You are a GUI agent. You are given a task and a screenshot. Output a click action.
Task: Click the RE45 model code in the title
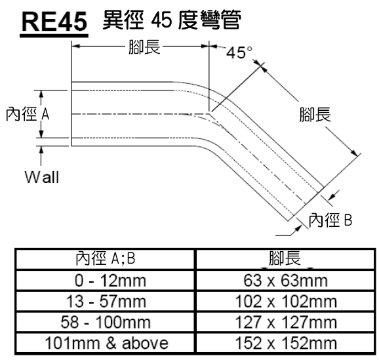pyautogui.click(x=54, y=21)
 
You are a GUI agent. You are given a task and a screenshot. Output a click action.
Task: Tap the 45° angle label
pyautogui.click(x=239, y=52)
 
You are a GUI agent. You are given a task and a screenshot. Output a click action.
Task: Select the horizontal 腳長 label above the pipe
pyautogui.click(x=144, y=47)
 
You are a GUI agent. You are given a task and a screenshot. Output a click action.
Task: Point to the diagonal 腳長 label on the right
pyautogui.click(x=315, y=114)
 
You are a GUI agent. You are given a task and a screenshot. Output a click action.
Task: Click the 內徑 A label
pyautogui.click(x=28, y=114)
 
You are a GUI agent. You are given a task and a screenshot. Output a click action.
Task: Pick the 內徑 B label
pyautogui.click(x=330, y=220)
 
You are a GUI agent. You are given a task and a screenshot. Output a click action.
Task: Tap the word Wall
pyautogui.click(x=42, y=177)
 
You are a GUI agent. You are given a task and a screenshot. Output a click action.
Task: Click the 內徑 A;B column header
pyautogui.click(x=105, y=258)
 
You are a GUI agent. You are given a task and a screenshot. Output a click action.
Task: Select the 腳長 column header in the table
pyautogui.click(x=285, y=258)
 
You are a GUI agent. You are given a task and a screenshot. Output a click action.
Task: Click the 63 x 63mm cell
pyautogui.click(x=285, y=281)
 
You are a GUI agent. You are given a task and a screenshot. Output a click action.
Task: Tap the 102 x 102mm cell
pyautogui.click(x=286, y=302)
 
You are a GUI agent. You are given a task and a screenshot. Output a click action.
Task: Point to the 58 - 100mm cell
pyautogui.click(x=106, y=322)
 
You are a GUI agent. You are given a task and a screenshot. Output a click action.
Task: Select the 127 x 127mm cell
pyautogui.click(x=286, y=322)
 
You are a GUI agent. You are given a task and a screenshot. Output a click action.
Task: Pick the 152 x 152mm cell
pyautogui.click(x=286, y=343)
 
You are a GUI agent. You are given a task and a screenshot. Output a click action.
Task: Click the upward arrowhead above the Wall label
pyautogui.click(x=41, y=150)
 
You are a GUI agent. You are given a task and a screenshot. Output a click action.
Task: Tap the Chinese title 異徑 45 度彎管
pyautogui.click(x=171, y=20)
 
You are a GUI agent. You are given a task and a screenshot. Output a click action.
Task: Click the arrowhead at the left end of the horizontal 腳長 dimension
pyautogui.click(x=76, y=46)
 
